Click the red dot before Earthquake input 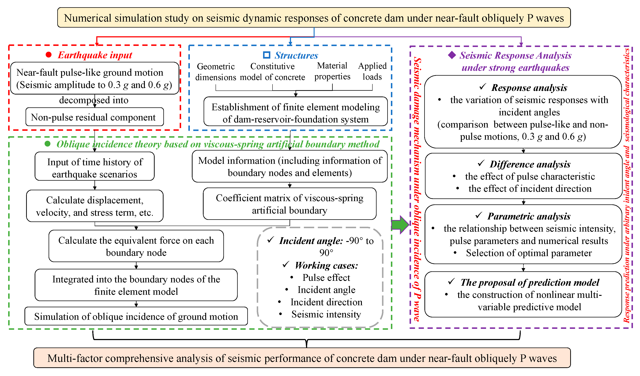(49, 55)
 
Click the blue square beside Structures (266, 55)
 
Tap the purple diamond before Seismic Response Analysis (452, 55)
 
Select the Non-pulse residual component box (94, 117)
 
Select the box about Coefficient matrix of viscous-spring (290, 204)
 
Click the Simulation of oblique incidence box (136, 316)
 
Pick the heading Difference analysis (530, 164)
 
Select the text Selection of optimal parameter (528, 253)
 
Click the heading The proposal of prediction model (530, 282)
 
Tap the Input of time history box (94, 168)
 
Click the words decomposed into (94, 100)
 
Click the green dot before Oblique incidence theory (48, 144)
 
